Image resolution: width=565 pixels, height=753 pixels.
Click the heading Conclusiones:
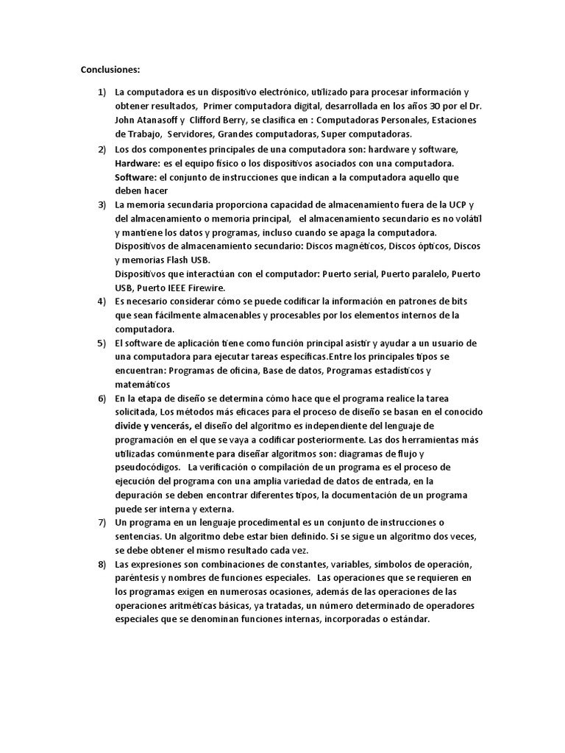coord(110,70)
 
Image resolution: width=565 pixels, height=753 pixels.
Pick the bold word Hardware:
coord(140,162)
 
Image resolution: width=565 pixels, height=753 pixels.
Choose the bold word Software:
coord(137,176)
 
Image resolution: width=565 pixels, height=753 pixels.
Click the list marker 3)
coord(102,204)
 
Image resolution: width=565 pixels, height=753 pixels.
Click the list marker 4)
coord(102,301)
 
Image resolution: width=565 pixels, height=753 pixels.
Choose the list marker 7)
coord(102,522)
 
